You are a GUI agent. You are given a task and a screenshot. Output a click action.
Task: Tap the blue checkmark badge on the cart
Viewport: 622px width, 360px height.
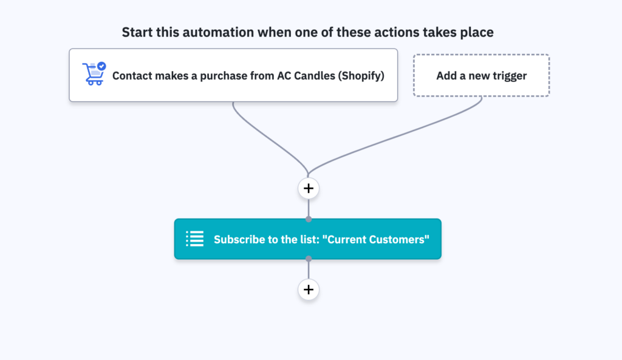(101, 66)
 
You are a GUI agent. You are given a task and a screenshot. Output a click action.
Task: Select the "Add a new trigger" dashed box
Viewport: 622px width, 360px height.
(481, 76)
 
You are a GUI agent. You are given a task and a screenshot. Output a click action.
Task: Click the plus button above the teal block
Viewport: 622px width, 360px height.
(309, 188)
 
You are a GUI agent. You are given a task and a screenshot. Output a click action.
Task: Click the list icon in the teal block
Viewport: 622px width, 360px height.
(194, 239)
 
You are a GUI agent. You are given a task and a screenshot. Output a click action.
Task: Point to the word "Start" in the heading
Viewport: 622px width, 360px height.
(136, 32)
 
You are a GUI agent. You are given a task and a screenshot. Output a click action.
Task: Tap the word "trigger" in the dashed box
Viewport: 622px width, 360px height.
(507, 76)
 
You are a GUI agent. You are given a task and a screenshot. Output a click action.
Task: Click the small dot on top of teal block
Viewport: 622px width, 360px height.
(309, 219)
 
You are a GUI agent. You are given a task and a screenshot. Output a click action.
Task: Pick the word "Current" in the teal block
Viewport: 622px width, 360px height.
(345, 240)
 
